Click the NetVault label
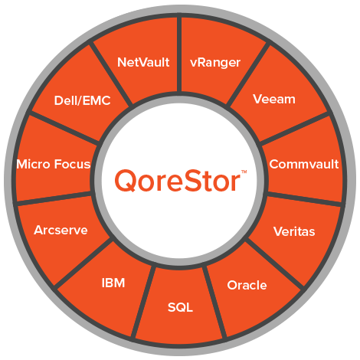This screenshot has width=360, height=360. pyautogui.click(x=143, y=62)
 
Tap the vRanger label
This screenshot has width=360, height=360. pyautogui.click(x=215, y=63)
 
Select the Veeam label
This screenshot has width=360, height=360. pyautogui.click(x=274, y=99)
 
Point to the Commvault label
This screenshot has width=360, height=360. pyautogui.click(x=304, y=164)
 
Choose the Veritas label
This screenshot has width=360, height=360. pyautogui.click(x=294, y=231)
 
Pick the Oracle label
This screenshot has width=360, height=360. pyautogui.click(x=247, y=285)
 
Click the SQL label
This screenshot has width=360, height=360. pyautogui.click(x=180, y=307)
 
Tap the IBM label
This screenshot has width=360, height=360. pyautogui.click(x=113, y=283)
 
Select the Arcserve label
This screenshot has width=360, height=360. pyautogui.click(x=61, y=230)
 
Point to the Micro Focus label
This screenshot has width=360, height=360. pyautogui.click(x=54, y=164)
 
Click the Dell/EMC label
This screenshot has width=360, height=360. pyautogui.click(x=82, y=100)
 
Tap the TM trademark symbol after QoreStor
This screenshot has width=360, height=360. pyautogui.click(x=244, y=172)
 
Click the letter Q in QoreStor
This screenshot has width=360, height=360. pyautogui.click(x=125, y=180)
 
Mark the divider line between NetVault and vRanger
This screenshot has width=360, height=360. pyautogui.click(x=179, y=54)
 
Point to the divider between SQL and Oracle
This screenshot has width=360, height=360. pyautogui.click(x=215, y=302)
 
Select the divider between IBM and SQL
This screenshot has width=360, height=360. pyautogui.click(x=143, y=301)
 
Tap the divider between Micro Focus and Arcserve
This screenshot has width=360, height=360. pyautogui.click(x=54, y=198)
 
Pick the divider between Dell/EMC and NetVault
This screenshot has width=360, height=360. pyautogui.click(x=111, y=74)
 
